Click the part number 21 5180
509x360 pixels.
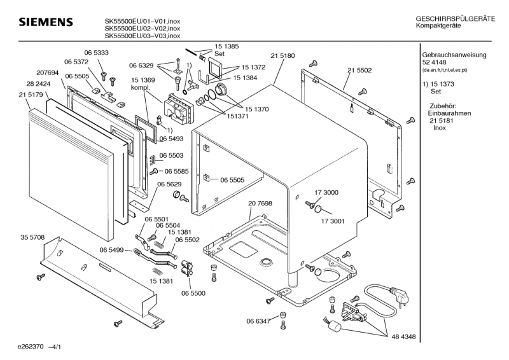(282, 56)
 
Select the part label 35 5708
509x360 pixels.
(32, 237)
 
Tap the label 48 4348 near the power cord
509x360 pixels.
(404, 336)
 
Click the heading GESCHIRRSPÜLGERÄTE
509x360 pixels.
(455, 19)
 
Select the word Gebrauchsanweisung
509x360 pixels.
(454, 55)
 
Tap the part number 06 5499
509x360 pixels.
(112, 251)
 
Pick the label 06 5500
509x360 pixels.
(193, 293)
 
